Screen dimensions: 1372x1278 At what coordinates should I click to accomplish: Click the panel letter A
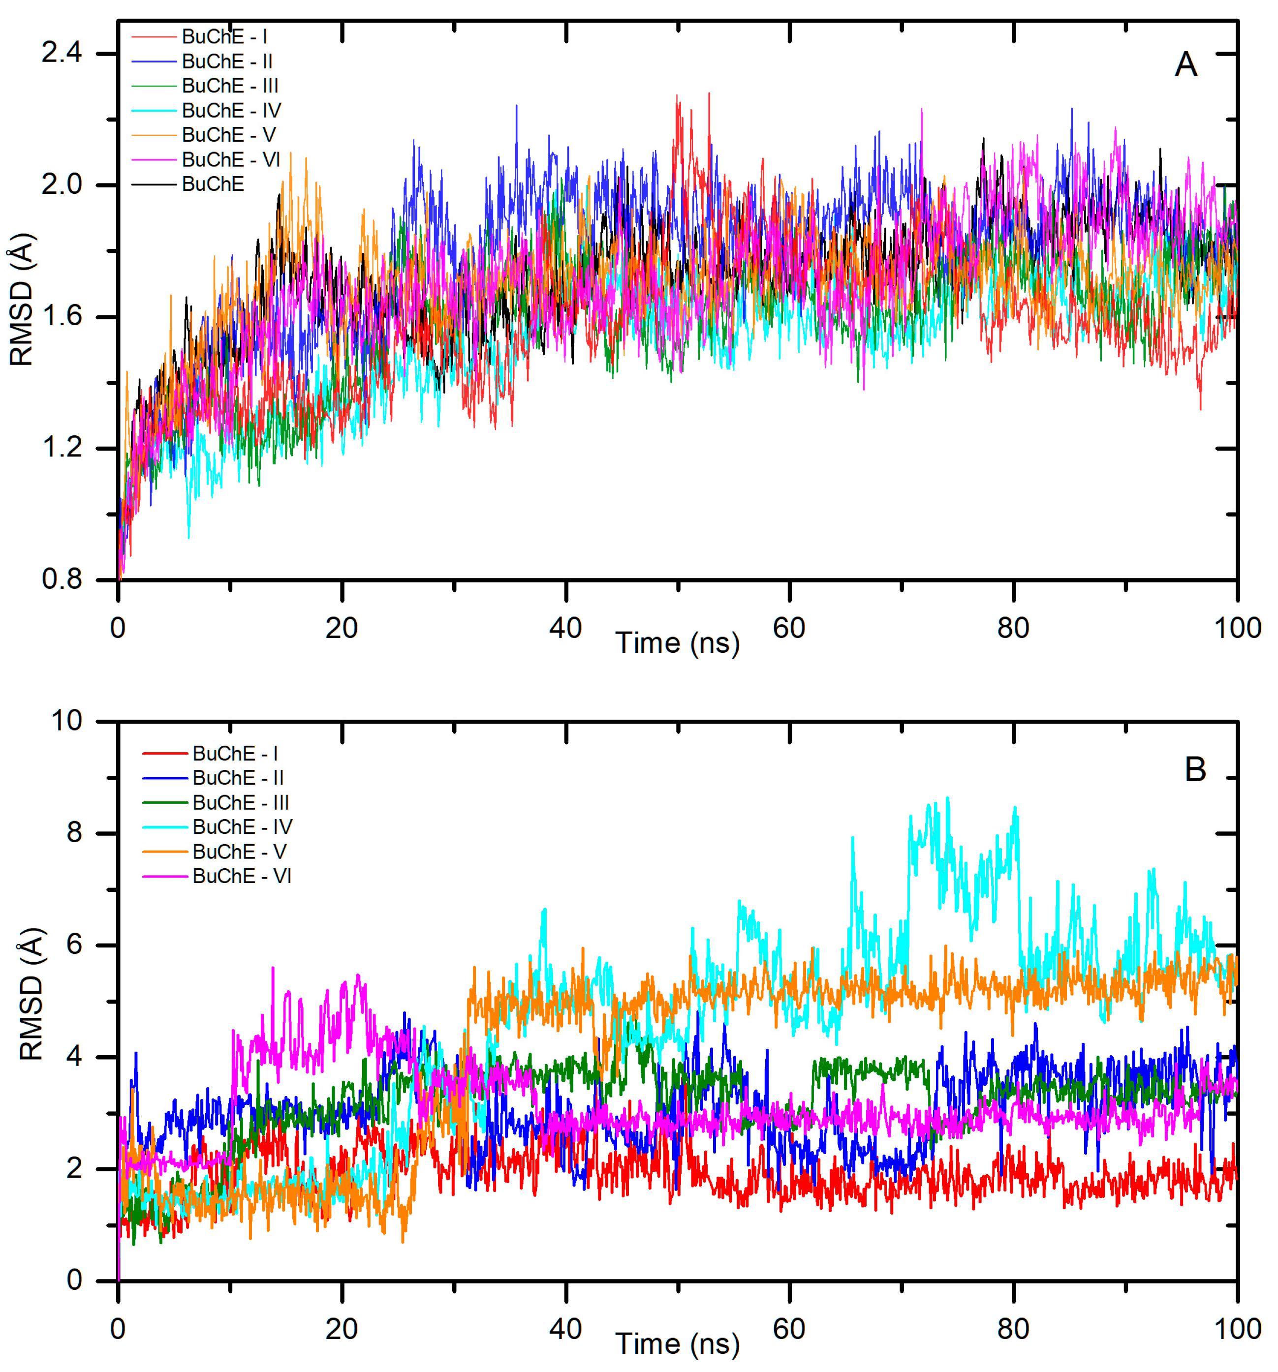tap(1185, 65)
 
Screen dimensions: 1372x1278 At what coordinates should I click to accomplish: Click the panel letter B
tap(1194, 769)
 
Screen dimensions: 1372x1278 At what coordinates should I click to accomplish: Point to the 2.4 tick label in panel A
tap(61, 53)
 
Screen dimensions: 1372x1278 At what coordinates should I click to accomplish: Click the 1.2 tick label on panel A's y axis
tap(61, 448)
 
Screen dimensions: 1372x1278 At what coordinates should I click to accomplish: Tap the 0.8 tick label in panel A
tap(61, 579)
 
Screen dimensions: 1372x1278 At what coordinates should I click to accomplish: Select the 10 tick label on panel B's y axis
tap(66, 721)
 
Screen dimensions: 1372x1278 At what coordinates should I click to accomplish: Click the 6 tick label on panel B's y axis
tap(74, 945)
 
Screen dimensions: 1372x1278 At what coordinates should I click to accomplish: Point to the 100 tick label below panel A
tap(1237, 628)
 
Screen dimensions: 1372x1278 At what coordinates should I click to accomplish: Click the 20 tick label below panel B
tap(341, 1329)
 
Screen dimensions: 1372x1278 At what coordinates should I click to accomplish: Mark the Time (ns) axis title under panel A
tap(677, 643)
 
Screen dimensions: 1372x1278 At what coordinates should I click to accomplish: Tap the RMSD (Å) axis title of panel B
tap(31, 994)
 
